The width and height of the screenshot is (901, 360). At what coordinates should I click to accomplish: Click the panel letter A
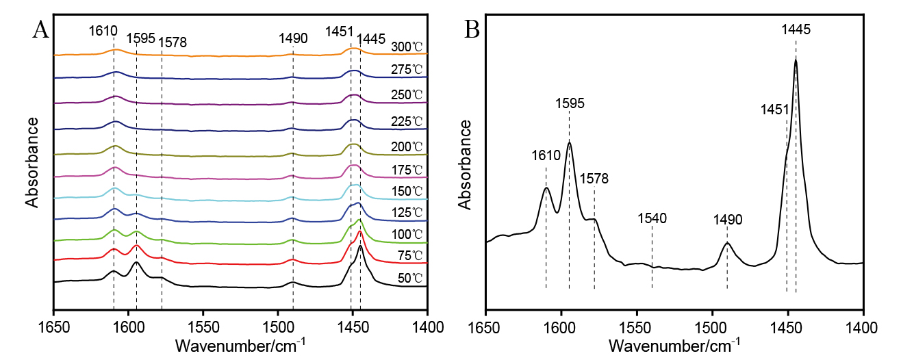click(x=40, y=30)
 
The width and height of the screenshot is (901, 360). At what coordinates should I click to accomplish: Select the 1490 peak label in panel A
click(x=293, y=38)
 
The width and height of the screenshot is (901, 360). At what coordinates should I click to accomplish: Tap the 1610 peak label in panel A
click(x=103, y=31)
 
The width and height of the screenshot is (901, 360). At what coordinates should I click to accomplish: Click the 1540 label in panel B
click(x=652, y=219)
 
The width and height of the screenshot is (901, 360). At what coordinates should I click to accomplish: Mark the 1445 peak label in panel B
click(x=796, y=30)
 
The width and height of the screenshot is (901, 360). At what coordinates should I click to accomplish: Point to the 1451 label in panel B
click(x=775, y=110)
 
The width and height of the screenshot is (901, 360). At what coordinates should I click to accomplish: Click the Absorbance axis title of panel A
click(x=31, y=162)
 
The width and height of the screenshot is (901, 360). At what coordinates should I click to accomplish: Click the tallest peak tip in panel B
click(x=796, y=60)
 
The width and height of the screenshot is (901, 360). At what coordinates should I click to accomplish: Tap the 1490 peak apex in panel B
click(x=727, y=243)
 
